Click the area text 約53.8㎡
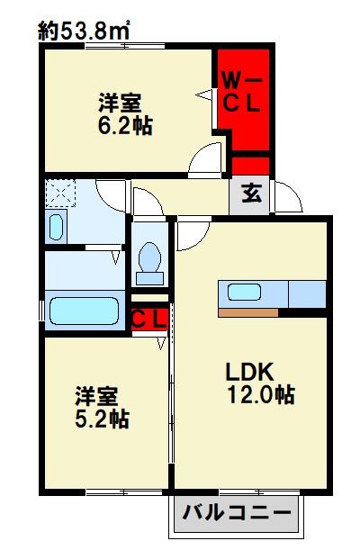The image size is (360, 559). (85, 31)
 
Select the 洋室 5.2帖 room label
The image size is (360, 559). (101, 407)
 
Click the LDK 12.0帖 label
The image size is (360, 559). (260, 383)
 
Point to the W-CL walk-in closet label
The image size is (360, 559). (241, 94)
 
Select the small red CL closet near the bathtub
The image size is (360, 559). (148, 319)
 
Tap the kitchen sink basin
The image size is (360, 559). (246, 293)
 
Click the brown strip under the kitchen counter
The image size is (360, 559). (247, 313)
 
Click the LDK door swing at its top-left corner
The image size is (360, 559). (190, 235)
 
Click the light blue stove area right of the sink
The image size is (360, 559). (304, 293)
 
